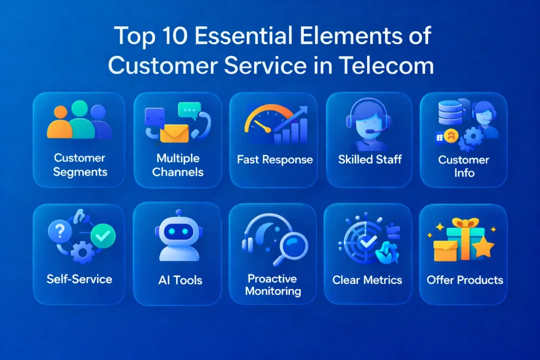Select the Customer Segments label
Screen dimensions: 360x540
(x=79, y=165)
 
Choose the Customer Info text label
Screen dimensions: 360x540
(x=464, y=166)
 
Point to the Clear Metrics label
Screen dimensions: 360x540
(x=367, y=280)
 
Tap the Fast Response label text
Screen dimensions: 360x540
(x=275, y=160)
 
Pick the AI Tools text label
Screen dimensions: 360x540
(x=180, y=280)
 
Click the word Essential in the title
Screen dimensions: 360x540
(x=235, y=36)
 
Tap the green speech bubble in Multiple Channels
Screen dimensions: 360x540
(x=189, y=110)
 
